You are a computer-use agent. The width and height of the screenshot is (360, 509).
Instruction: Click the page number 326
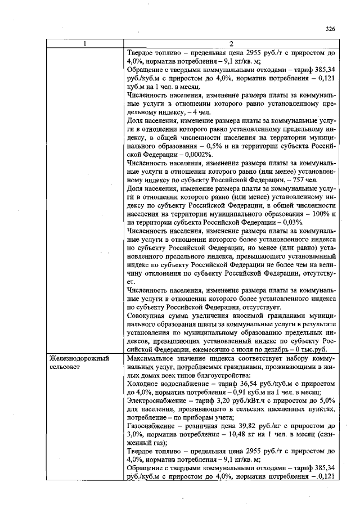330,29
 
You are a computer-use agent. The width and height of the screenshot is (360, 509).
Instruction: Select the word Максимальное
153,358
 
